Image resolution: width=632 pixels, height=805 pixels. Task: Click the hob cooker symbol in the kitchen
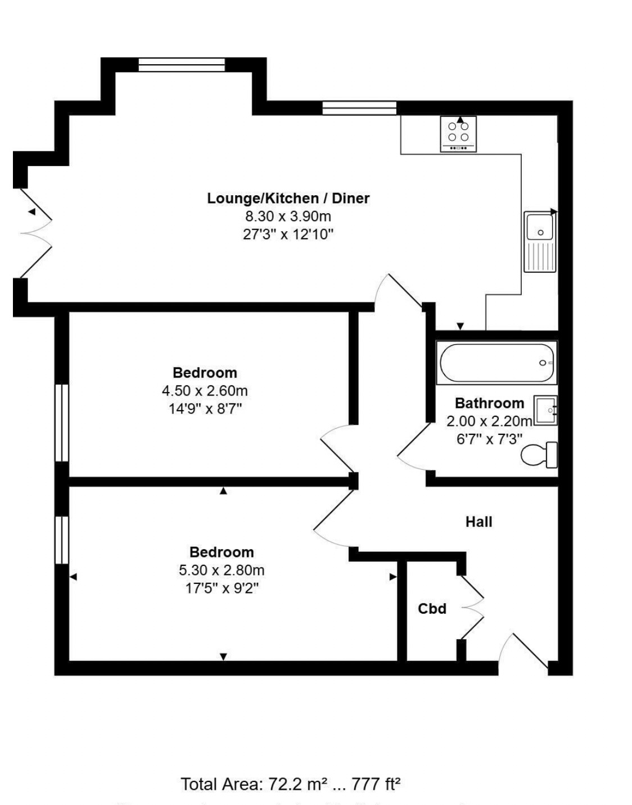tap(458, 134)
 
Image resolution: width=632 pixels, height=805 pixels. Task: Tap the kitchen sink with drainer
tap(540, 241)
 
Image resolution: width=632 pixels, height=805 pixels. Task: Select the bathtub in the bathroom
tap(497, 363)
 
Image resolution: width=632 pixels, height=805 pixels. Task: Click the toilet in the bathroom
tap(539, 455)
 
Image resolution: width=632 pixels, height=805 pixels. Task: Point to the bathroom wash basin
tap(545, 411)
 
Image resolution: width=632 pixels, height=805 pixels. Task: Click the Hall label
tap(478, 522)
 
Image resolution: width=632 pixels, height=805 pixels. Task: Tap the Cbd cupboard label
tap(432, 609)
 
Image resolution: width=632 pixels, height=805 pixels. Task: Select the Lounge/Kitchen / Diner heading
tap(288, 198)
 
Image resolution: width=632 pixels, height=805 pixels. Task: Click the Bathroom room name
tap(489, 403)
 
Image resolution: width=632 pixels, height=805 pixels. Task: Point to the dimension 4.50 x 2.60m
tap(205, 390)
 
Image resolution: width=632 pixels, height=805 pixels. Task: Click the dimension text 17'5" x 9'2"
tap(222, 588)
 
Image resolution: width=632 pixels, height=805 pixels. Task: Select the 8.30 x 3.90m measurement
tap(288, 216)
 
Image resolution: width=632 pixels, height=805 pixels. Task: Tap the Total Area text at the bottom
tap(290, 784)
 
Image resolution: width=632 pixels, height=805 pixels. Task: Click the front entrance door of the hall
tap(523, 653)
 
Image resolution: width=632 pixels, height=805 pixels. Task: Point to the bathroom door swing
tap(413, 447)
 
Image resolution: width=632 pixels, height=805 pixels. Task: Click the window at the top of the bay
tap(182, 65)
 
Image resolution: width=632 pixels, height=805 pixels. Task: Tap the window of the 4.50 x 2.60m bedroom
tap(61, 422)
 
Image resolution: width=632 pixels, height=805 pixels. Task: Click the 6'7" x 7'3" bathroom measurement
tap(489, 439)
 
